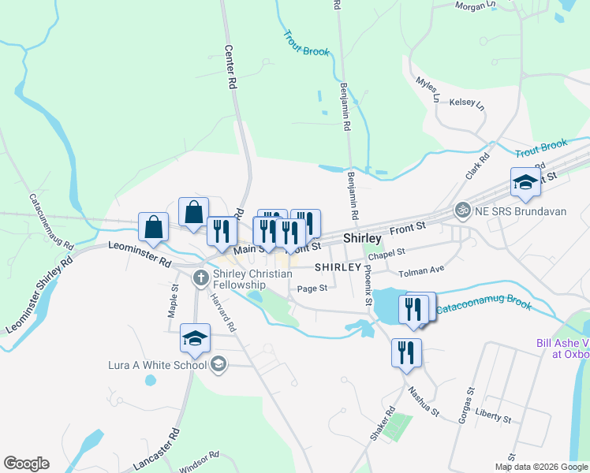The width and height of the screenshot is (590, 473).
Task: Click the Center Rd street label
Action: pos(231,65)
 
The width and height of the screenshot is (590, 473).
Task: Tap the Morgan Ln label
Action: pos(476,5)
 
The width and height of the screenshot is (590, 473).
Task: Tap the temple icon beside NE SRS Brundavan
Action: pos(461,210)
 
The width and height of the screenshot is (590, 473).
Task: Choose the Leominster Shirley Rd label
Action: pos(39,295)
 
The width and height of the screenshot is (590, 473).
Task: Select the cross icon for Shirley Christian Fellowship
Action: pos(201,277)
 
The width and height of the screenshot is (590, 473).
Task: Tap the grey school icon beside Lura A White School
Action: pos(218,364)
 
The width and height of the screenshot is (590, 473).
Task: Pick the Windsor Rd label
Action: pos(199,460)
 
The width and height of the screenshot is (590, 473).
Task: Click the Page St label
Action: pos(312,289)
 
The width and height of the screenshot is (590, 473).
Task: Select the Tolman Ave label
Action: pos(421,270)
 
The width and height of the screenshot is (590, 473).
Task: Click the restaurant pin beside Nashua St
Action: pos(406,352)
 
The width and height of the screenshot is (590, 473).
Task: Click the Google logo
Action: pos(26,464)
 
